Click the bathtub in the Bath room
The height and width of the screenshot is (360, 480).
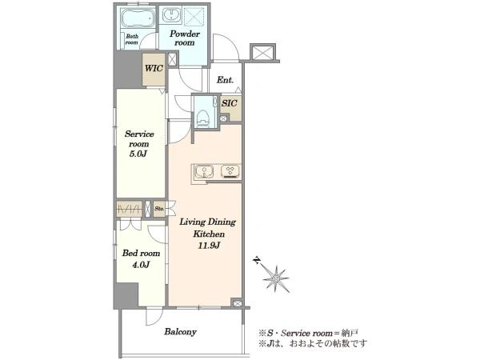click(x=137, y=18)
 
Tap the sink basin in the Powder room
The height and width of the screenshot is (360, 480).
click(x=172, y=15)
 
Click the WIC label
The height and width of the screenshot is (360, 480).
click(x=154, y=68)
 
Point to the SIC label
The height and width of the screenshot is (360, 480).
click(x=230, y=103)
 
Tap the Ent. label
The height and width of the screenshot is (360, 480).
click(x=225, y=80)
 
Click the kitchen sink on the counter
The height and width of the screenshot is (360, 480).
click(x=204, y=172)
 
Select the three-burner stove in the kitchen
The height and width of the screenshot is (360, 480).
click(x=230, y=172)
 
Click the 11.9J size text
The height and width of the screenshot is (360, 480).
click(x=209, y=246)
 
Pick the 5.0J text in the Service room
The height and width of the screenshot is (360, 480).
click(x=138, y=154)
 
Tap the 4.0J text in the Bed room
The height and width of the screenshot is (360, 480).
click(x=141, y=265)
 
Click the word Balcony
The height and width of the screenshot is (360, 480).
click(x=180, y=331)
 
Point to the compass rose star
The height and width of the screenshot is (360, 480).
click(x=276, y=278)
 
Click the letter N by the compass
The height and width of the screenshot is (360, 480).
click(x=257, y=261)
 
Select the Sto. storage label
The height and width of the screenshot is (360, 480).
click(x=159, y=209)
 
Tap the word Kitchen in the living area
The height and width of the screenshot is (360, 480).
click(x=209, y=234)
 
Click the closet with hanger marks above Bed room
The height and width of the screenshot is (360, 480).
click(x=129, y=209)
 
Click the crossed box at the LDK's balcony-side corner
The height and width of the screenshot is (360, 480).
click(x=236, y=303)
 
